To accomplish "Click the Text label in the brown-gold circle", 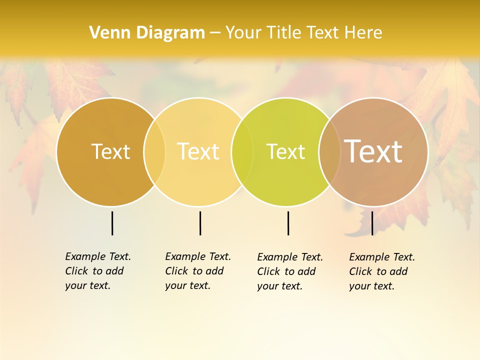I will point(110,151).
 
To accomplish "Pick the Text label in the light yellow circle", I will point(198,151).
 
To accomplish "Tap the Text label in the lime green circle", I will point(285,151).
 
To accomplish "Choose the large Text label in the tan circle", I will point(373,151).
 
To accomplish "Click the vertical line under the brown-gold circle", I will point(112,223).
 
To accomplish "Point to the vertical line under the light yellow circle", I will point(200,223).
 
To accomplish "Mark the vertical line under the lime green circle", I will point(288,223).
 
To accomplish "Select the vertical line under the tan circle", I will point(372,223).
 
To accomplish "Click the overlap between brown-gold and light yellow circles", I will point(154,152).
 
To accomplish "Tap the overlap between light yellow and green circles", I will point(242,152).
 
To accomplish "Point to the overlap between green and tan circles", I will point(329,152).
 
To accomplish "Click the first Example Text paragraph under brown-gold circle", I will point(98,271).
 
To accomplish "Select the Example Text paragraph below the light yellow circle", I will point(198,271).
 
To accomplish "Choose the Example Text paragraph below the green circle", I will point(290,271).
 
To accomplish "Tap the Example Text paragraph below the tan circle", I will point(382,271).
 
